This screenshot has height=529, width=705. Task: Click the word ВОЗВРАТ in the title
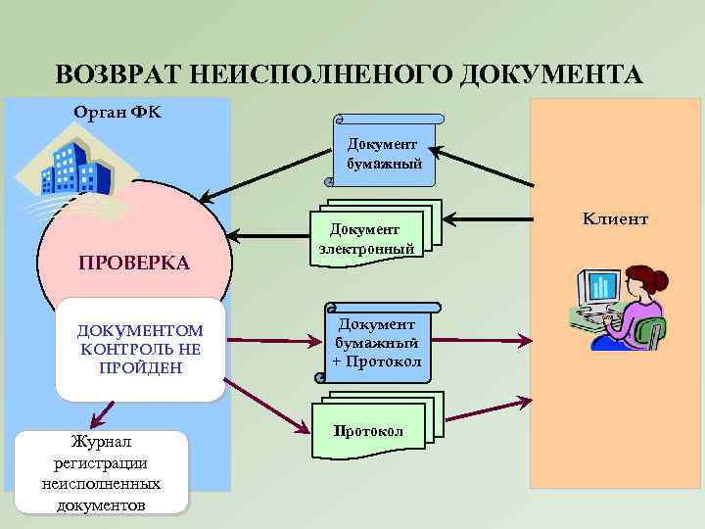coord(117,75)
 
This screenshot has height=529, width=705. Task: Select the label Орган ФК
coord(117,112)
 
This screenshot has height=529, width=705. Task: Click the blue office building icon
coord(74,168)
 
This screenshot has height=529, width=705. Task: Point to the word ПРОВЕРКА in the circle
coord(134,264)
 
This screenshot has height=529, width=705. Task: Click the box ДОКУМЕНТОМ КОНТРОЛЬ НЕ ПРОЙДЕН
coord(140,350)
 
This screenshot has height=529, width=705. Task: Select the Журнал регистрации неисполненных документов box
coord(102,472)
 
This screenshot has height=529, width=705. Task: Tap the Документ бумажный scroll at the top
coord(384,153)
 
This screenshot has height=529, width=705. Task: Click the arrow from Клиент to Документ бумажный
coord(485,168)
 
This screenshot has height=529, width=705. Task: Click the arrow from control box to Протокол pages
coord(264,403)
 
